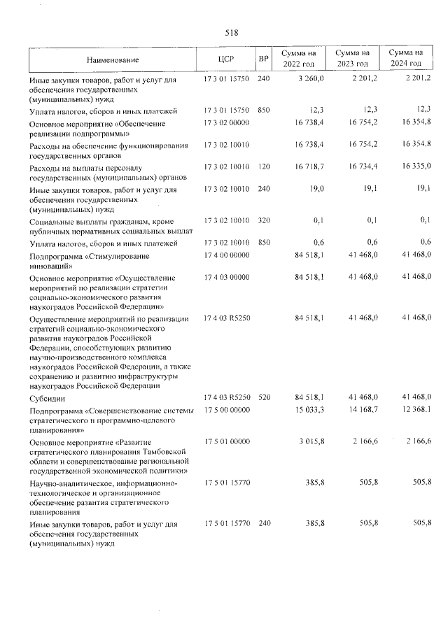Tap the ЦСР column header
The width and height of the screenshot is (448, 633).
click(225, 59)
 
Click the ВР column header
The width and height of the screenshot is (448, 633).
click(263, 59)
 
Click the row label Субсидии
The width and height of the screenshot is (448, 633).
click(44, 397)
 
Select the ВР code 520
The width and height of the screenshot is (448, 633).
click(263, 397)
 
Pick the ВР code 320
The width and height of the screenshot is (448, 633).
click(263, 221)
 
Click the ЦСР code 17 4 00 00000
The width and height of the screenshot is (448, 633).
click(226, 257)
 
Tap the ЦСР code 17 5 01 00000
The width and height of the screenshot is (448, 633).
click(226, 442)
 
